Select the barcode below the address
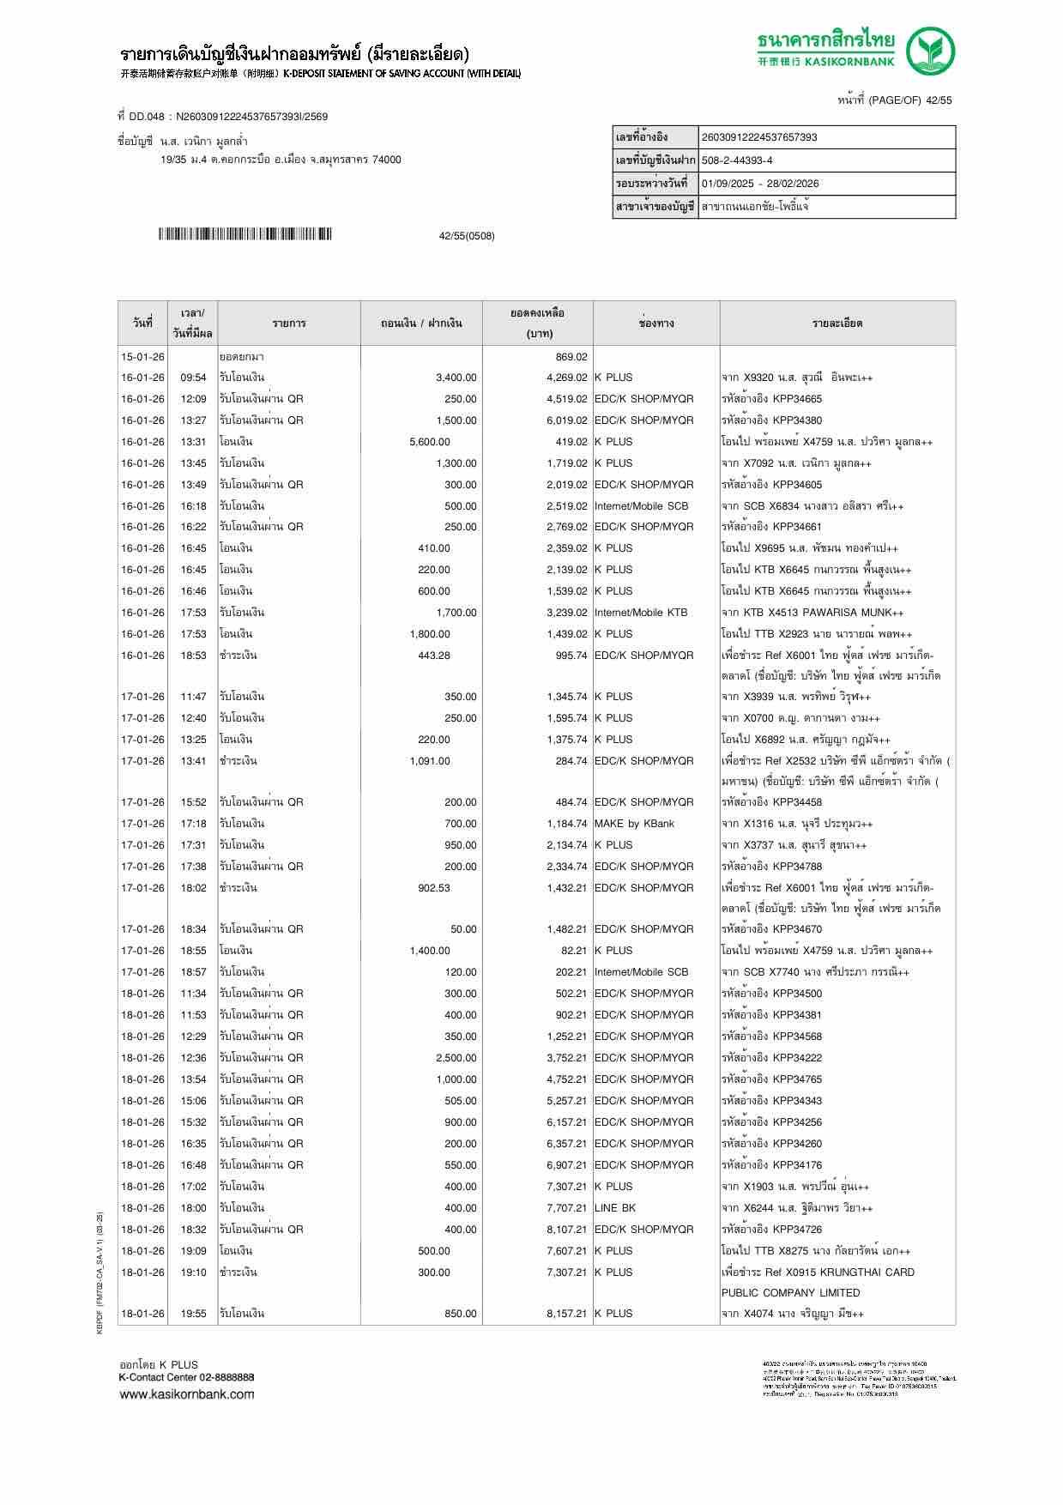pyautogui.click(x=245, y=234)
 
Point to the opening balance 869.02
pyautogui.click(x=571, y=357)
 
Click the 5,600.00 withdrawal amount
pyautogui.click(x=429, y=442)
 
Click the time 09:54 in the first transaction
pyautogui.click(x=193, y=378)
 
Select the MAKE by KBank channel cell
pyautogui.click(x=634, y=824)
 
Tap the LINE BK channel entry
pyautogui.click(x=615, y=1208)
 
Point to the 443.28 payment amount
pyautogui.click(x=433, y=656)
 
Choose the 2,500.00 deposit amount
pyautogui.click(x=455, y=1058)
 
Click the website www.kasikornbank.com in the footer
pyautogui.click(x=186, y=1394)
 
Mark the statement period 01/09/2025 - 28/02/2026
pyautogui.click(x=759, y=184)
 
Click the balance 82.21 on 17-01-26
pyautogui.click(x=574, y=951)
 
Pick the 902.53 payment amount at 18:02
pyautogui.click(x=433, y=888)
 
